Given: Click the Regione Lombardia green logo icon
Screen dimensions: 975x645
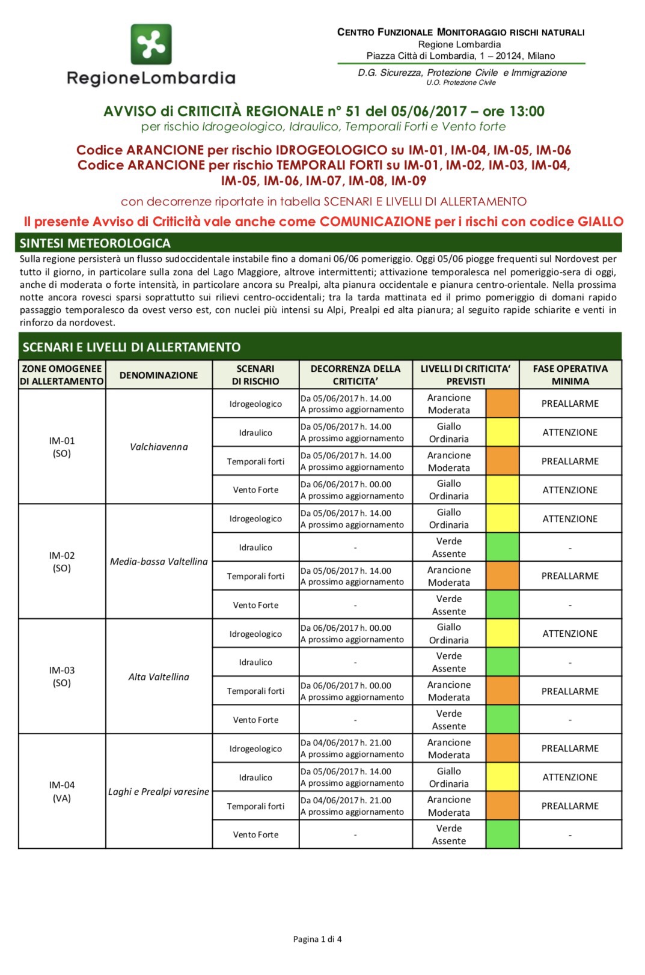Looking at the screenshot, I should coord(151,44).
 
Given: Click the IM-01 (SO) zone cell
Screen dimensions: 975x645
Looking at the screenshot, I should coord(62,447).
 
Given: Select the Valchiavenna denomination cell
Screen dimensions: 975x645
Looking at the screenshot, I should coord(159,447).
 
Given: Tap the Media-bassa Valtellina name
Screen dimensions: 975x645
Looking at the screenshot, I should coord(159,562).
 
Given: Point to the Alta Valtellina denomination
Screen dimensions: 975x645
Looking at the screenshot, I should coord(159,677).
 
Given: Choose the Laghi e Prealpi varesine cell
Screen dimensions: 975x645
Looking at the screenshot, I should coord(159,792).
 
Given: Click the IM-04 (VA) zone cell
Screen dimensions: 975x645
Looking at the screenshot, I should coord(62,792).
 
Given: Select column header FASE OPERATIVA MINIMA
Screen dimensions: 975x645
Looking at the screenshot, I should coord(570,375).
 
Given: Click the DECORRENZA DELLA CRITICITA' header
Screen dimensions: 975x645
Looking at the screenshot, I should coord(355,375).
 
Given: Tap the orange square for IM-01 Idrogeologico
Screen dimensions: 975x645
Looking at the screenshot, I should coord(503,404).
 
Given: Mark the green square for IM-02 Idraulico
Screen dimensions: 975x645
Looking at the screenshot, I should coord(503,547).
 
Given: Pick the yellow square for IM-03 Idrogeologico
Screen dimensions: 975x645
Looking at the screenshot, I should coord(503,634).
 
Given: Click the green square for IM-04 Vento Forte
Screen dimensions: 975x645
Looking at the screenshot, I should coord(503,834).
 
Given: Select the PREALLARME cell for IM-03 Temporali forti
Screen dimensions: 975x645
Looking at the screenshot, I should coord(570,691).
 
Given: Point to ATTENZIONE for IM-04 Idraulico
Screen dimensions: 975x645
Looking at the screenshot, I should coord(570,777).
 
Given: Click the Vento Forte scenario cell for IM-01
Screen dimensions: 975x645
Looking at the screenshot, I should coord(255,490).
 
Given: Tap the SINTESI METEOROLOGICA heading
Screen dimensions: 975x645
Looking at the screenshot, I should coord(95,243).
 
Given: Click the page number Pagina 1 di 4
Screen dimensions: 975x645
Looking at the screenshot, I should coord(317,940).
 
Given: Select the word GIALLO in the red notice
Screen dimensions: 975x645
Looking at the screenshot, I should coord(600,222).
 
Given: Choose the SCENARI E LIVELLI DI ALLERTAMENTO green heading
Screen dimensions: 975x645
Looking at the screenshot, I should coord(132,347).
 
